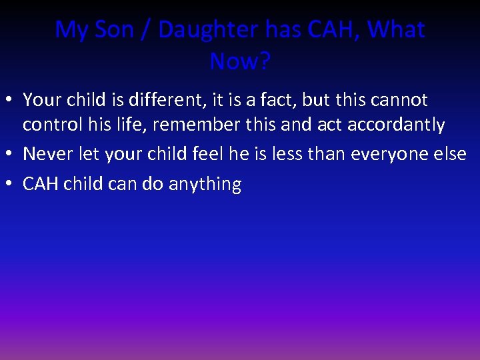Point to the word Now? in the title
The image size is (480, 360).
pyautogui.click(x=240, y=61)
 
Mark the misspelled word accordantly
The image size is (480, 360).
pyautogui.click(x=396, y=125)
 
